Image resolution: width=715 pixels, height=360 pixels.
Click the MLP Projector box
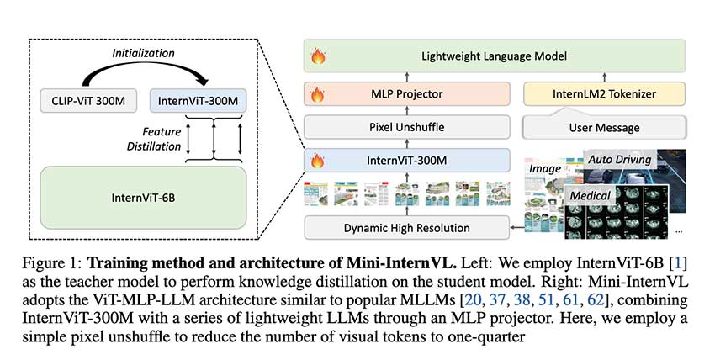[x=406, y=94]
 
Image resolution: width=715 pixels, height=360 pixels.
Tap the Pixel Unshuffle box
[x=406, y=128]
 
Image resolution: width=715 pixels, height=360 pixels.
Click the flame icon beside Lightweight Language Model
[x=319, y=57]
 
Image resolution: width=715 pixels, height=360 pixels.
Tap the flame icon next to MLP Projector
[x=319, y=94]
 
